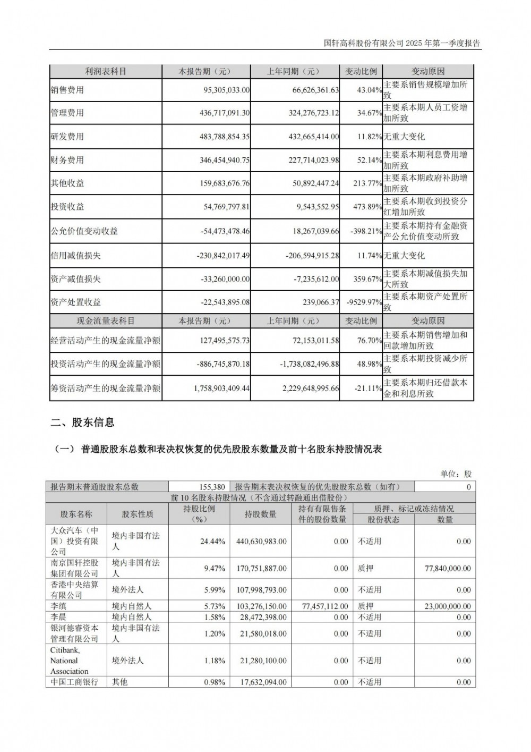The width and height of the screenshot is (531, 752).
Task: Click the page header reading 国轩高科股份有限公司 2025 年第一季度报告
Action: coord(402,44)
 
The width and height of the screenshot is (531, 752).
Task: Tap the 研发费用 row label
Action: coord(67,137)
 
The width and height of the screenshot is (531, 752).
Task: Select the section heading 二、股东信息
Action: coord(82,423)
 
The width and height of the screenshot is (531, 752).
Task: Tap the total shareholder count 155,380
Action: coord(212,486)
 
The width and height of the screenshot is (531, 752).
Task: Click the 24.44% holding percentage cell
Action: coord(212,542)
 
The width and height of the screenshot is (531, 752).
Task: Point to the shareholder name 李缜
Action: coord(58,606)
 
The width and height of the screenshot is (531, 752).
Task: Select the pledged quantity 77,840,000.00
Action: coord(448,568)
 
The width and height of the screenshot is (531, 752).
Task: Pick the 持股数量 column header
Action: coord(260,514)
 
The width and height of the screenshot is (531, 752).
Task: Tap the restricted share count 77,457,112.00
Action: coord(324,606)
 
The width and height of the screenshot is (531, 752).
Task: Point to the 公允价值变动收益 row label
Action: coord(84,231)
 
